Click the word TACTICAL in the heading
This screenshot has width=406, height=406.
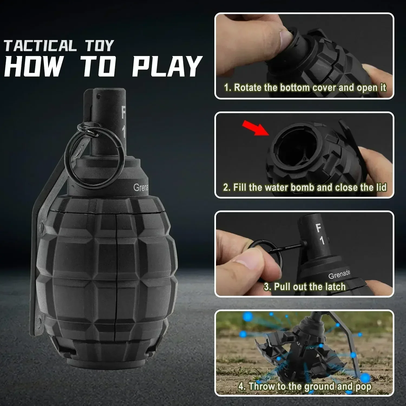point(40,46)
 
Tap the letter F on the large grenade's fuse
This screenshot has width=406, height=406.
point(124,112)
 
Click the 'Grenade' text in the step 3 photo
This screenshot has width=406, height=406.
point(339,274)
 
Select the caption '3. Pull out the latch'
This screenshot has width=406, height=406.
point(305,287)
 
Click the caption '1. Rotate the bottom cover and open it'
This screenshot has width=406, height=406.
point(305,88)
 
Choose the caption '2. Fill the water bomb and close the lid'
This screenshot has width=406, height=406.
point(305,187)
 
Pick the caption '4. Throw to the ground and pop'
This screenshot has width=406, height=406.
point(305,386)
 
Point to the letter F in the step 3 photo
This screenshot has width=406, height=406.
point(319,228)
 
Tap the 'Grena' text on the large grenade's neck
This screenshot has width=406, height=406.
point(141,187)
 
